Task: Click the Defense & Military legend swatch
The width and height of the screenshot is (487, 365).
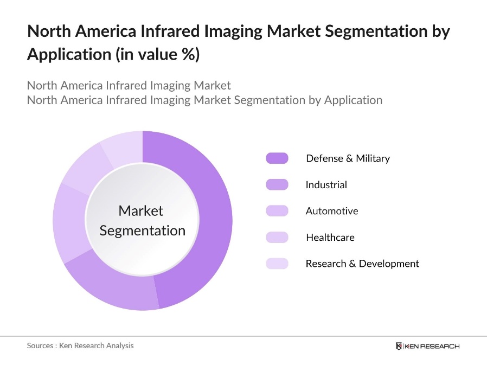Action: pos(277,158)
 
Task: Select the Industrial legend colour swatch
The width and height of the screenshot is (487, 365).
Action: pos(277,185)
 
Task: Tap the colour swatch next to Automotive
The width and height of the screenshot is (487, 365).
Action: pos(277,211)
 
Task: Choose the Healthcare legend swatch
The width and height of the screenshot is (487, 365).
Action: pos(277,237)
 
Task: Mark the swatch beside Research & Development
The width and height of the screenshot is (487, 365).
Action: pos(277,264)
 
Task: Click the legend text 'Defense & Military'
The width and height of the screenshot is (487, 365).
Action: pos(348,158)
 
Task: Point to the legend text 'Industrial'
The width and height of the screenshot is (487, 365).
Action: pos(326,185)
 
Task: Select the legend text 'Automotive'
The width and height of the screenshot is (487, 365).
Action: pos(332,211)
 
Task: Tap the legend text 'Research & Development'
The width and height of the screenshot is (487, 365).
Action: pos(362,264)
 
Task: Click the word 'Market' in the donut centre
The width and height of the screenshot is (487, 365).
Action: pos(141,210)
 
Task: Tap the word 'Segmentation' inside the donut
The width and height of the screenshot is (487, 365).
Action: pos(143,230)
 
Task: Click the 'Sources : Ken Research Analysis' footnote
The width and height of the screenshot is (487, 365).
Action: pos(80,345)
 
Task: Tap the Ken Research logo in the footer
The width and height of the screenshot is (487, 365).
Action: pos(427,346)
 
